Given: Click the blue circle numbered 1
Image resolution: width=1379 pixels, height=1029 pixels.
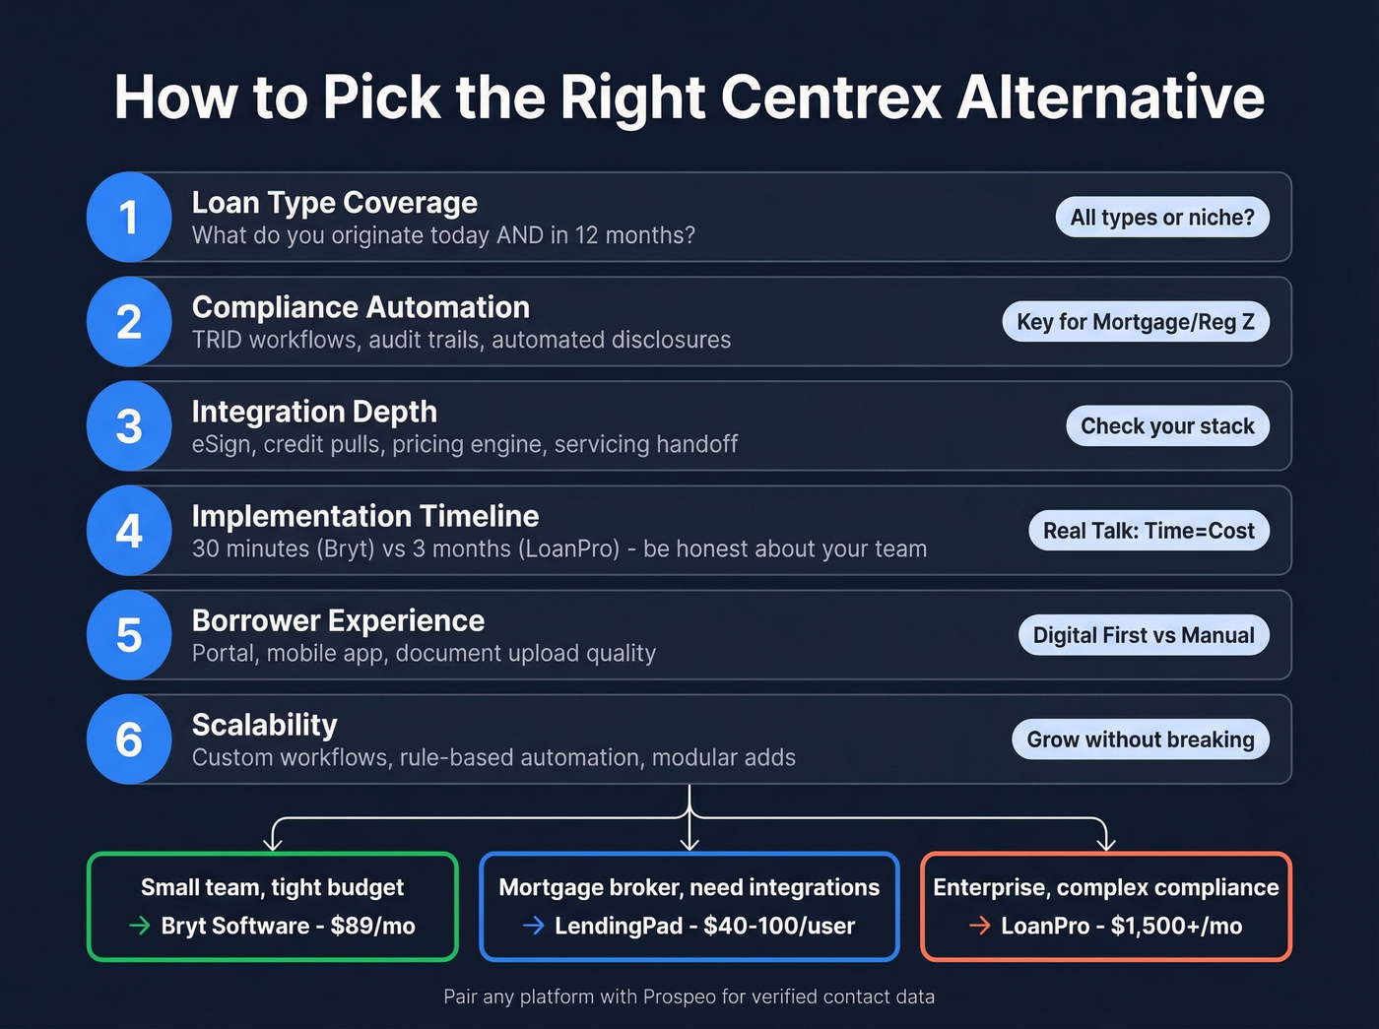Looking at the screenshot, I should (129, 218).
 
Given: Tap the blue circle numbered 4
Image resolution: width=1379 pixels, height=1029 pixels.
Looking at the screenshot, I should (129, 531).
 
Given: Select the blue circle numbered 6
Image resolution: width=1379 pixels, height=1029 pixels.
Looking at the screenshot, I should (129, 740).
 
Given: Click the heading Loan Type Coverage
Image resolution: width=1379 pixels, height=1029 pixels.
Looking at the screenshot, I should (334, 203).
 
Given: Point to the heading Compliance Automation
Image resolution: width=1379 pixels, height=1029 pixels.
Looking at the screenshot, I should (361, 307).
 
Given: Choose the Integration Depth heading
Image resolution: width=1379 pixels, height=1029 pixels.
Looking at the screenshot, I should (314, 412).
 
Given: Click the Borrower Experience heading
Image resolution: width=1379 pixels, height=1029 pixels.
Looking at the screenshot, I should (338, 620).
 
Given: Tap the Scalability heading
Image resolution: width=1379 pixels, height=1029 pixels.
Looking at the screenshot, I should (264, 725).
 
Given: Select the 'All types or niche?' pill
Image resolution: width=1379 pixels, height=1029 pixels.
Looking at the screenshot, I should (1162, 218).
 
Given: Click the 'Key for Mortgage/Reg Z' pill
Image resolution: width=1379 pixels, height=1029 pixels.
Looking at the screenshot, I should (1136, 322).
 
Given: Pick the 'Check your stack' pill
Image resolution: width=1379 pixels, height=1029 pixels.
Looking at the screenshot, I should (1167, 426).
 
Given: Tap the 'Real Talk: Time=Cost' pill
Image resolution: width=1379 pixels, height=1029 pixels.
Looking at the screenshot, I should (1149, 531).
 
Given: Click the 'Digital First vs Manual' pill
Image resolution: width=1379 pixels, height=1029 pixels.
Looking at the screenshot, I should (1144, 635).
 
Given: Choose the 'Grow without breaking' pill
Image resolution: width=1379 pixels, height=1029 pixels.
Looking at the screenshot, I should (1141, 740).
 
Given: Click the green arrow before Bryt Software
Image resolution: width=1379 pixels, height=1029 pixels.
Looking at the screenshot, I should (140, 926).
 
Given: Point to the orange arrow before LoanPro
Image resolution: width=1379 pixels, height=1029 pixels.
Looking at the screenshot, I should (979, 926).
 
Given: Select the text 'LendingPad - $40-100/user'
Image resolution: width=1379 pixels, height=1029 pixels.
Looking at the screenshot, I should (704, 926).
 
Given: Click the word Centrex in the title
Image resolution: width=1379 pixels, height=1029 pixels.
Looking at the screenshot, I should (831, 97).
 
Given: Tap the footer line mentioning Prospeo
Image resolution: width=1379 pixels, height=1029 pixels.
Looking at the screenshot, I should (689, 997).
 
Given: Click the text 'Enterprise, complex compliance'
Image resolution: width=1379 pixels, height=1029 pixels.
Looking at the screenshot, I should (1106, 887).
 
